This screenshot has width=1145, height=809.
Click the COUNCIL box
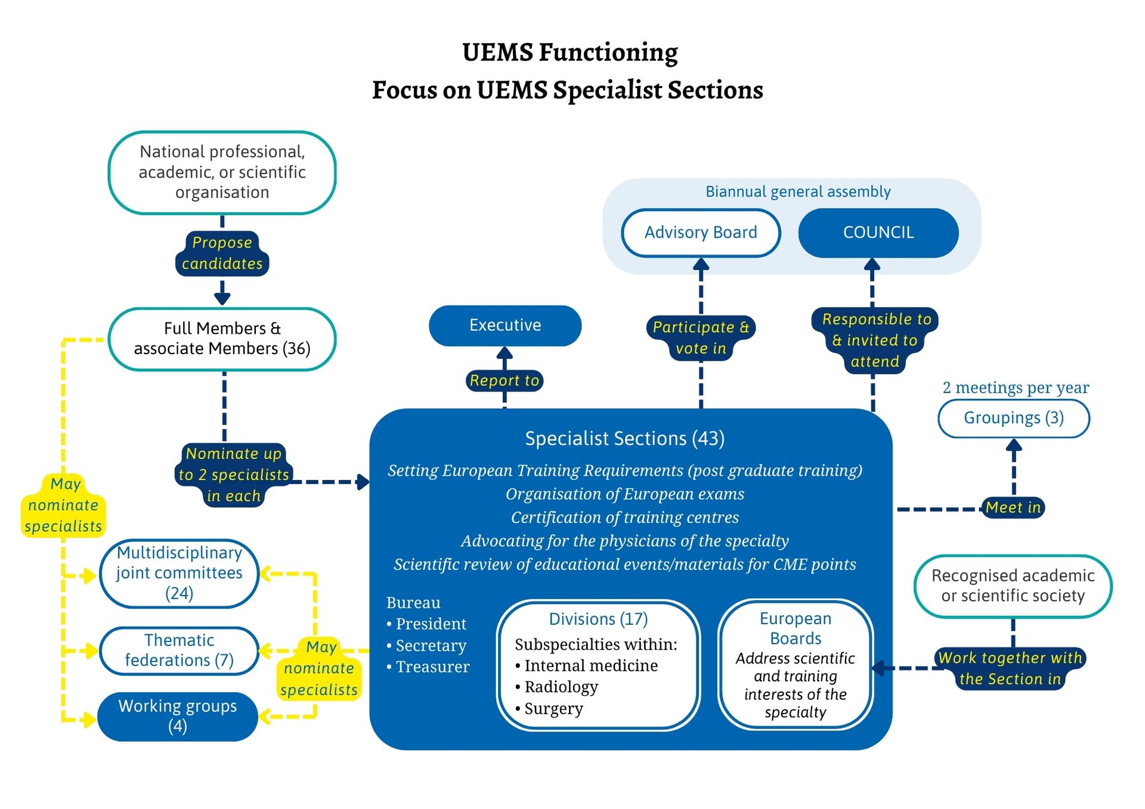coord(878,233)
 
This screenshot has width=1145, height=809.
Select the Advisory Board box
coord(700,233)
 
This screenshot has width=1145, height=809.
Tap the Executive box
coord(505,325)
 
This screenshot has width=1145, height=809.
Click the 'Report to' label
coord(504,380)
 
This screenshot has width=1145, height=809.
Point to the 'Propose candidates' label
coord(222,253)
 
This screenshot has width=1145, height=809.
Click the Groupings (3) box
coord(1013,418)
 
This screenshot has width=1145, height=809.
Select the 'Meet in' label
coord(1013,507)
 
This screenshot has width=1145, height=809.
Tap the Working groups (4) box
coord(177,716)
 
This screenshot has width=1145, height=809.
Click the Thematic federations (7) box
coord(179,650)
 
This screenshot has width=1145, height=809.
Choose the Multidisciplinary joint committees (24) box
coord(179,573)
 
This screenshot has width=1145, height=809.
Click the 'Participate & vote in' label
coord(701,337)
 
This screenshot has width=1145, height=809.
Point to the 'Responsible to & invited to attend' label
coord(875,340)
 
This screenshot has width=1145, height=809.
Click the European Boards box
coord(795,664)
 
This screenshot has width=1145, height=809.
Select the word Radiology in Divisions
coord(561,687)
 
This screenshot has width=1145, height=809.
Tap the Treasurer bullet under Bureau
coord(432,667)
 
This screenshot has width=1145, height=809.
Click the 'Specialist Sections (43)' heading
coord(624,439)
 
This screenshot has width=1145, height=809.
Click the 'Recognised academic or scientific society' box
coord(1013,585)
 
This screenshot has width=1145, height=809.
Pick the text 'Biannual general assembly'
coord(797,191)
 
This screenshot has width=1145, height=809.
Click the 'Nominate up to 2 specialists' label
coord(234,475)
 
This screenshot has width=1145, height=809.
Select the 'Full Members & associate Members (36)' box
coord(222,339)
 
